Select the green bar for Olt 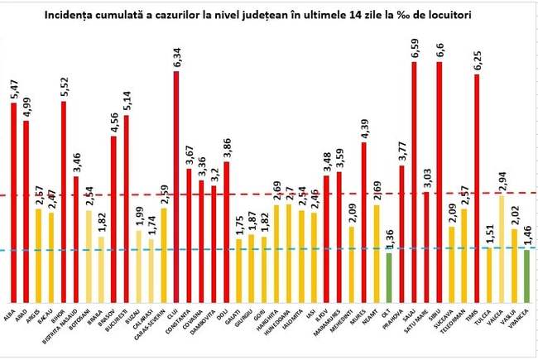(389, 277)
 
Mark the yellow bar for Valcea (502, 248)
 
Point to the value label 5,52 (64, 87)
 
